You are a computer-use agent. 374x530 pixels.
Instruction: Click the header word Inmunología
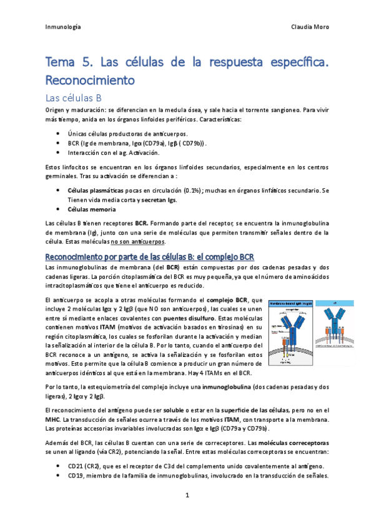click(x=64, y=27)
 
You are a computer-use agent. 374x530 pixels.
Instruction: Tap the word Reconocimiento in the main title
click(x=91, y=80)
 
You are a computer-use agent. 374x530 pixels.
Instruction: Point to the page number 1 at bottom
click(x=187, y=495)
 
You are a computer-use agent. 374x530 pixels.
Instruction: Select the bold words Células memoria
click(x=91, y=209)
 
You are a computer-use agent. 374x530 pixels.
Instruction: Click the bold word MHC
click(x=54, y=419)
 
